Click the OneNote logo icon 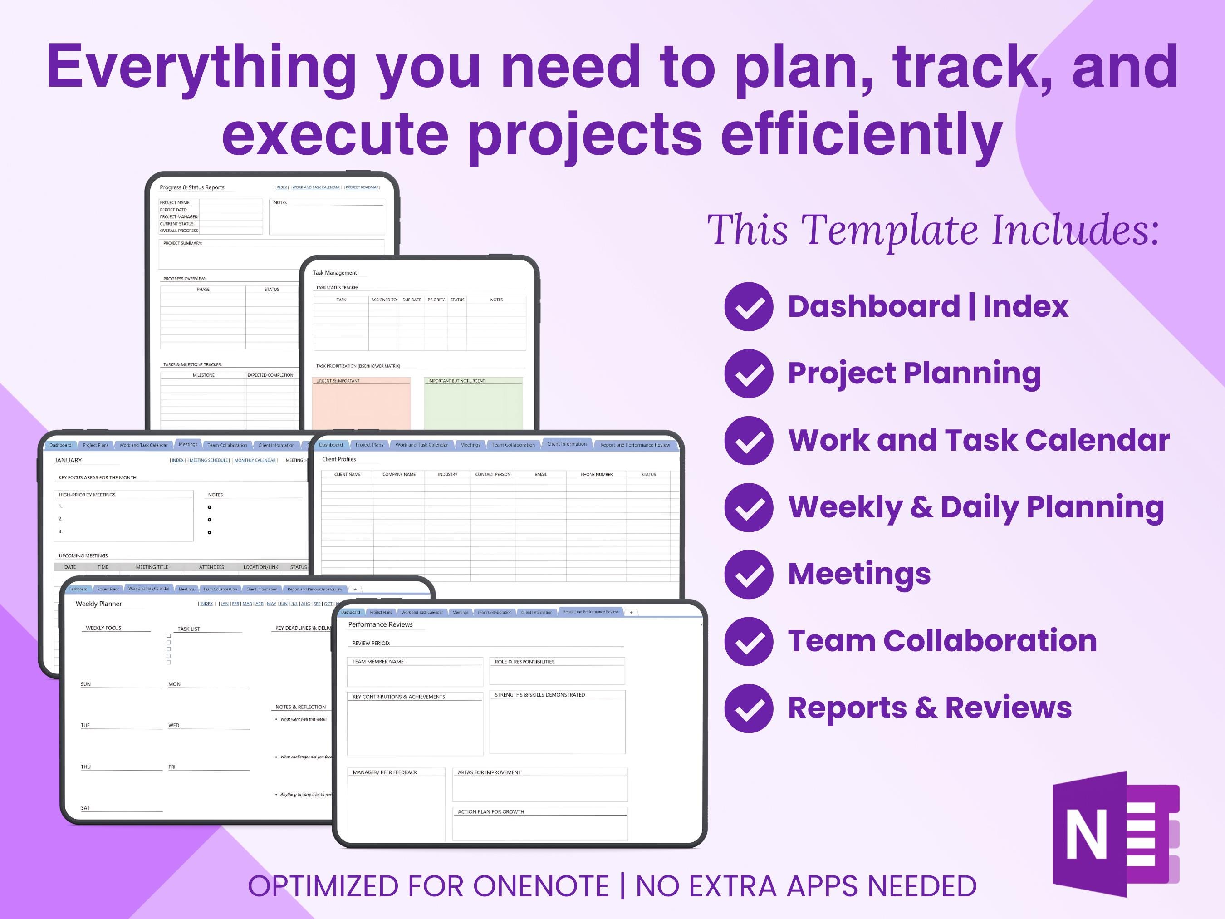click(x=1114, y=833)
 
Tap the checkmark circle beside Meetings click(x=748, y=575)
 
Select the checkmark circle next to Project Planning click(x=748, y=373)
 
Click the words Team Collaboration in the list click(x=942, y=641)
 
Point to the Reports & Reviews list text click(x=929, y=708)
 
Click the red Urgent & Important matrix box click(x=361, y=404)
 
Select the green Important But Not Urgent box click(x=473, y=404)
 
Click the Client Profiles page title click(x=339, y=459)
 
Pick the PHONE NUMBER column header click(x=597, y=474)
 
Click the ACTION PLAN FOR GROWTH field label click(x=490, y=811)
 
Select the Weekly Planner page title click(x=98, y=604)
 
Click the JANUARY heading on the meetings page click(x=68, y=460)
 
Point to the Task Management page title click(x=334, y=273)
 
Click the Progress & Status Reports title click(x=191, y=187)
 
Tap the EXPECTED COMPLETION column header click(x=270, y=375)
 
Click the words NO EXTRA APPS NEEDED click(x=806, y=886)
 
